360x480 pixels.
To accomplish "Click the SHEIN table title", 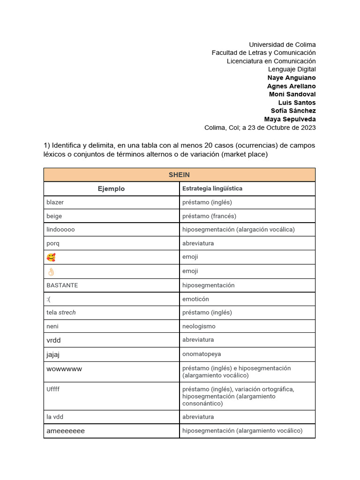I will click(x=179, y=175).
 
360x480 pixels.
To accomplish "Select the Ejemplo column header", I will click(x=111, y=189).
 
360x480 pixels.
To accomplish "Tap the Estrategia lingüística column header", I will click(x=212, y=189).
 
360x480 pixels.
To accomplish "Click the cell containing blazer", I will click(x=55, y=202).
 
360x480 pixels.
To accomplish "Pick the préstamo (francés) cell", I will click(x=209, y=216).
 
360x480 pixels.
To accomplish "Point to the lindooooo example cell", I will click(x=60, y=230).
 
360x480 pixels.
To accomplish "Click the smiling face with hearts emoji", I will click(x=51, y=257).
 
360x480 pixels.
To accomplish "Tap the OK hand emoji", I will click(x=51, y=271).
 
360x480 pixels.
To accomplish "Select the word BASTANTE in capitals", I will click(x=62, y=285).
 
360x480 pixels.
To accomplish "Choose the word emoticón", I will click(x=195, y=299).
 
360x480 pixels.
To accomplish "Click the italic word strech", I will click(x=67, y=313).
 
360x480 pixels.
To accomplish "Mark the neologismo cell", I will click(x=199, y=326).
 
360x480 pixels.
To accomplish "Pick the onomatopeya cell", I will click(x=201, y=354).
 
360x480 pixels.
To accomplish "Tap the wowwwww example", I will click(x=64, y=369).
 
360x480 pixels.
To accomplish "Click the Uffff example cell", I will click(x=53, y=389).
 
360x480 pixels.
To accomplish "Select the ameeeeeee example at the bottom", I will click(x=66, y=431).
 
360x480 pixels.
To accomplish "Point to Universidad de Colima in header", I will click(x=282, y=45).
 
